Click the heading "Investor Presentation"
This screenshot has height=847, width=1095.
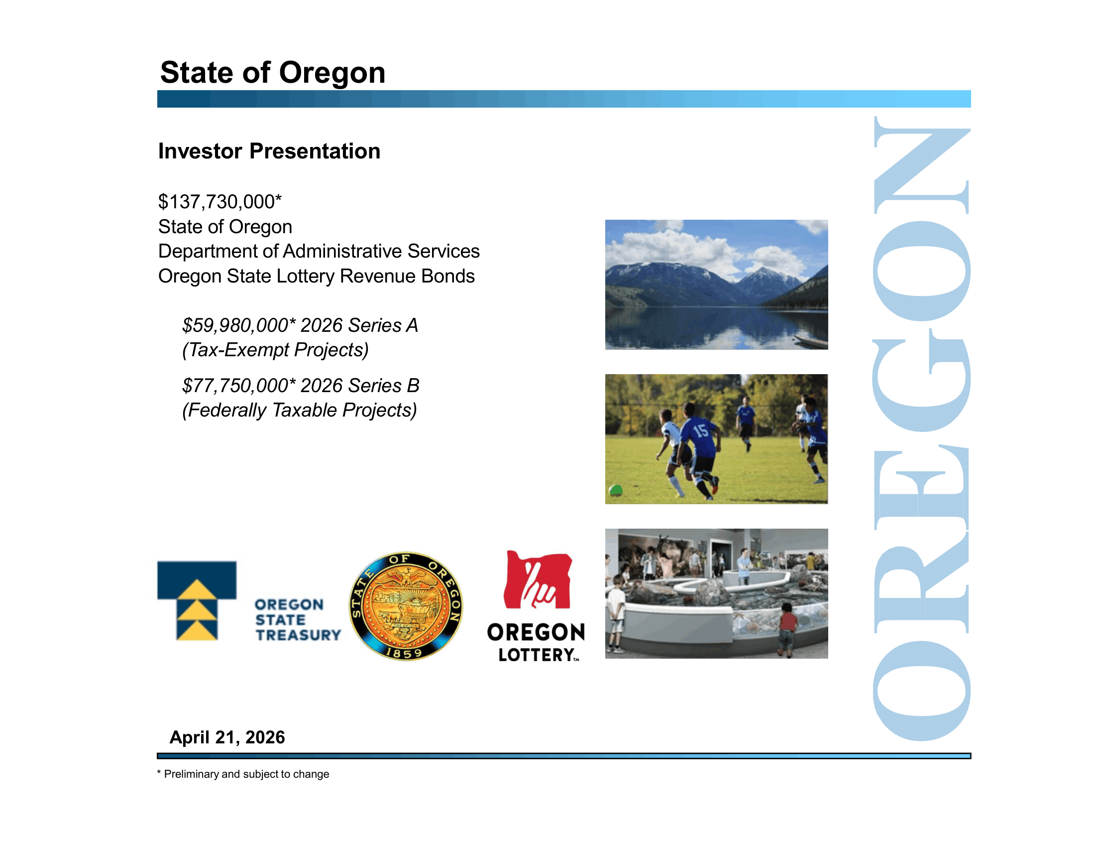pyautogui.click(x=269, y=151)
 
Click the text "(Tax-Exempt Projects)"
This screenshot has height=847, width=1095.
pyautogui.click(x=275, y=350)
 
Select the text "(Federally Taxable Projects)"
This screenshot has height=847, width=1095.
pyautogui.click(x=299, y=410)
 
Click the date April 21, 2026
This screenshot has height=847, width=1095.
pyautogui.click(x=227, y=737)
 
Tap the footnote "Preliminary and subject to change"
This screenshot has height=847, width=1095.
pyautogui.click(x=246, y=774)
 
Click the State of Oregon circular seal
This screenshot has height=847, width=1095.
pyautogui.click(x=406, y=606)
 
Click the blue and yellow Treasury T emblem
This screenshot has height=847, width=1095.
pyautogui.click(x=197, y=601)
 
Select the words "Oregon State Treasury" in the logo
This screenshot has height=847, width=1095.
pyautogui.click(x=297, y=620)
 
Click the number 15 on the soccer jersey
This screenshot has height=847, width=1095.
pyautogui.click(x=701, y=430)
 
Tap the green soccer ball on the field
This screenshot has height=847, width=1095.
pyautogui.click(x=616, y=490)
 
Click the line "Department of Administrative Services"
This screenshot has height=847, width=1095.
pyautogui.click(x=319, y=251)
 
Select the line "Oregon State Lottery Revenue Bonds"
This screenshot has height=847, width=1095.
pyautogui.click(x=317, y=276)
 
